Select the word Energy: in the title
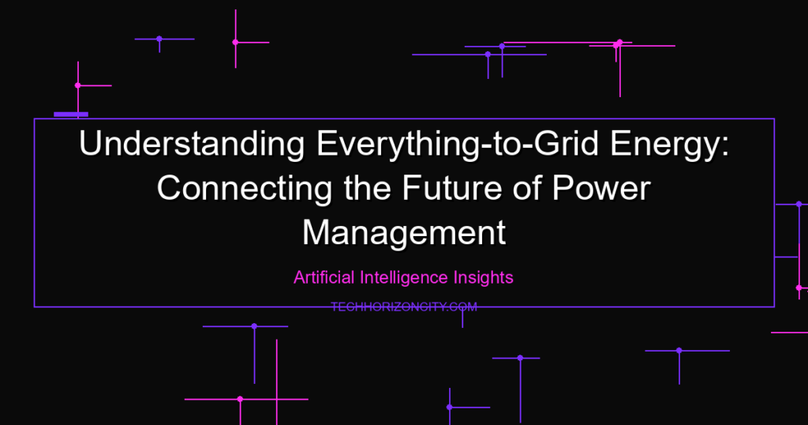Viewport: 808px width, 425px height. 669,145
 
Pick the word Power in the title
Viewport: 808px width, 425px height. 601,188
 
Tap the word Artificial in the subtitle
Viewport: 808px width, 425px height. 324,277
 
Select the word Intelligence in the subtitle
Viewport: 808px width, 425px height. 404,277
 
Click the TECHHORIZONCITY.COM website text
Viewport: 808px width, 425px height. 404,307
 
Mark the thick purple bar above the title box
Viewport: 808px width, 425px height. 71,115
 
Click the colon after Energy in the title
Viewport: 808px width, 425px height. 726,146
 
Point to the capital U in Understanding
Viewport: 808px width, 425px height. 89,144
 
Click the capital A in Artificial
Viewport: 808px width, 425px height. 300,277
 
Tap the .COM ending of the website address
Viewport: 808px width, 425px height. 462,307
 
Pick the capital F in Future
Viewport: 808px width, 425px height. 411,188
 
